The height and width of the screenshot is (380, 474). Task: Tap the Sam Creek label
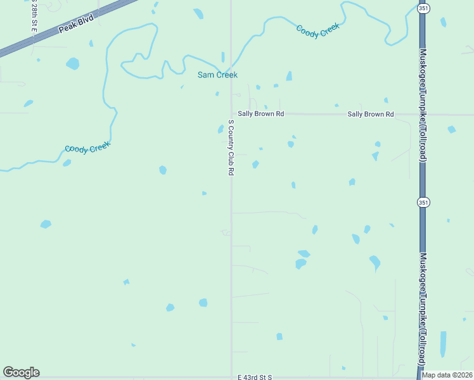[217, 75]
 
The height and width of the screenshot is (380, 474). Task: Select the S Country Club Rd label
[231, 148]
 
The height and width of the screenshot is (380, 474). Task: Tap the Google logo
[21, 372]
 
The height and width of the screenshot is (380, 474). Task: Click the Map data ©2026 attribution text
[447, 375]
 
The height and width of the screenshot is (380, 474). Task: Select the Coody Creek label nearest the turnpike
[318, 30]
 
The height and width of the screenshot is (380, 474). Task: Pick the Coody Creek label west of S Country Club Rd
[87, 148]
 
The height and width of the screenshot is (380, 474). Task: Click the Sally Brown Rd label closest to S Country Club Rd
[261, 114]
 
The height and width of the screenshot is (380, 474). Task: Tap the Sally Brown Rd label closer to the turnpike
[371, 114]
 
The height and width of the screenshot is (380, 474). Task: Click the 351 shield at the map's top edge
[423, 8]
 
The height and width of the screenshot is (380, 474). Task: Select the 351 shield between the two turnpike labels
[423, 202]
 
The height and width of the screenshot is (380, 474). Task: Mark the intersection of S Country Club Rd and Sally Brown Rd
[231, 114]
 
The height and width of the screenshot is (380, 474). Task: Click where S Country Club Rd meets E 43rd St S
[231, 377]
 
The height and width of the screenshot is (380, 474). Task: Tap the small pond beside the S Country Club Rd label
[221, 129]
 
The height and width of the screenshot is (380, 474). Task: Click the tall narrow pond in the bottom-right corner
[443, 344]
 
